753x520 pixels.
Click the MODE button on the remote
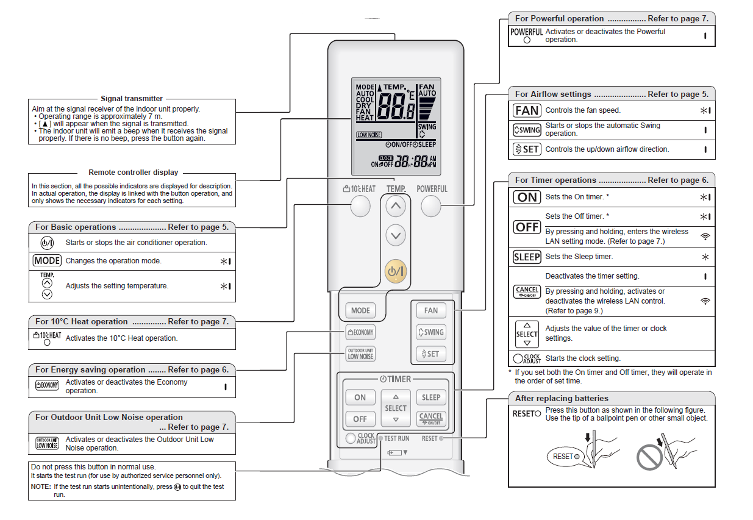[360, 310]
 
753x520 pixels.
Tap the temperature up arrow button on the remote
[396, 207]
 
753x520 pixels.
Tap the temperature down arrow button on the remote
[396, 235]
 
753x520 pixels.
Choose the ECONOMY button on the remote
[360, 332]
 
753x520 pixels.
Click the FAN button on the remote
[431, 310]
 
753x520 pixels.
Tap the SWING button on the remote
[431, 332]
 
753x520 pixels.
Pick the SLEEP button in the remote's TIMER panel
[431, 397]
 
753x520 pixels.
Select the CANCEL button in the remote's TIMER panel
[431, 419]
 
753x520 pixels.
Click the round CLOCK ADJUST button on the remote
[350, 438]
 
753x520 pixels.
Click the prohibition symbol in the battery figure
[649, 457]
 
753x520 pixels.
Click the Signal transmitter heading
[132, 99]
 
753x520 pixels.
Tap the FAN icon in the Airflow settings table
[527, 110]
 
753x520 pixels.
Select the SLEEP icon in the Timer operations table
[527, 257]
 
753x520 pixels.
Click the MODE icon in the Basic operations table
[47, 261]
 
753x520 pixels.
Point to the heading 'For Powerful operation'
[559, 19]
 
